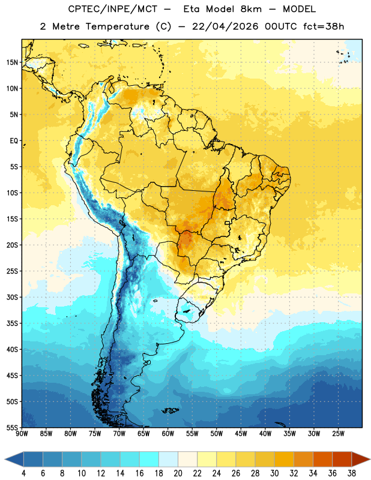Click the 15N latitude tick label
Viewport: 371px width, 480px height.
coord(12,62)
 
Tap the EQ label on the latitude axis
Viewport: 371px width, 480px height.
coord(14,141)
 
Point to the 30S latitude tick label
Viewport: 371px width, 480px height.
coord(12,297)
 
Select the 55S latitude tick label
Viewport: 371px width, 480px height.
coord(12,428)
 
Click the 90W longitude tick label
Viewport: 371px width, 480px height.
coord(22,434)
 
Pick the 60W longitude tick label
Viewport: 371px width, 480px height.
coord(168,434)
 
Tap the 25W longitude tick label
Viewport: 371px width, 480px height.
coord(338,434)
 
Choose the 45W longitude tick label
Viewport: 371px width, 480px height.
coord(241,434)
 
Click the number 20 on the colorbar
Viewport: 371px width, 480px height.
coord(178,473)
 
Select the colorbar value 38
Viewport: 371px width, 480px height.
coord(352,473)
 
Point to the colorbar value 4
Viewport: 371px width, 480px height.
coord(23,473)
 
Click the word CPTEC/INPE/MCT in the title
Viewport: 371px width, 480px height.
coord(113,9)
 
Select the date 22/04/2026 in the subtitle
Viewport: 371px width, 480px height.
coord(225,26)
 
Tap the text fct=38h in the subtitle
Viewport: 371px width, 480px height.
coord(324,26)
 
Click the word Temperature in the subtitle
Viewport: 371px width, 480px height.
coord(117,26)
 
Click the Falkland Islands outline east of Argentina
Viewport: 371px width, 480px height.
coord(170,410)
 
